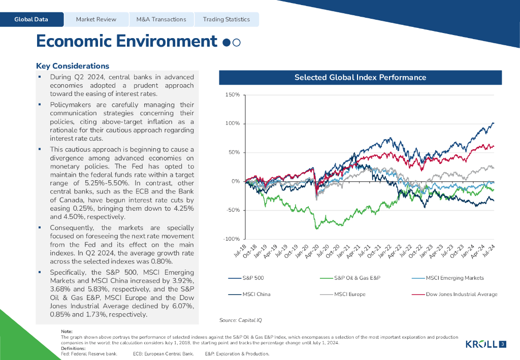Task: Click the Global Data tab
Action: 31,19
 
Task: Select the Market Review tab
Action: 96,19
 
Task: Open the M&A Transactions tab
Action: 161,19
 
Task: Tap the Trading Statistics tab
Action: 226,19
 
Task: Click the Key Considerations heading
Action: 73,66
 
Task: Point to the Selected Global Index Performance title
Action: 360,78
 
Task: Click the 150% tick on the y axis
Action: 233,95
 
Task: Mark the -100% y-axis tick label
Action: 231,239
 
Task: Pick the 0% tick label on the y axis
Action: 235,181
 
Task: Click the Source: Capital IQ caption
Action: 240,320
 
